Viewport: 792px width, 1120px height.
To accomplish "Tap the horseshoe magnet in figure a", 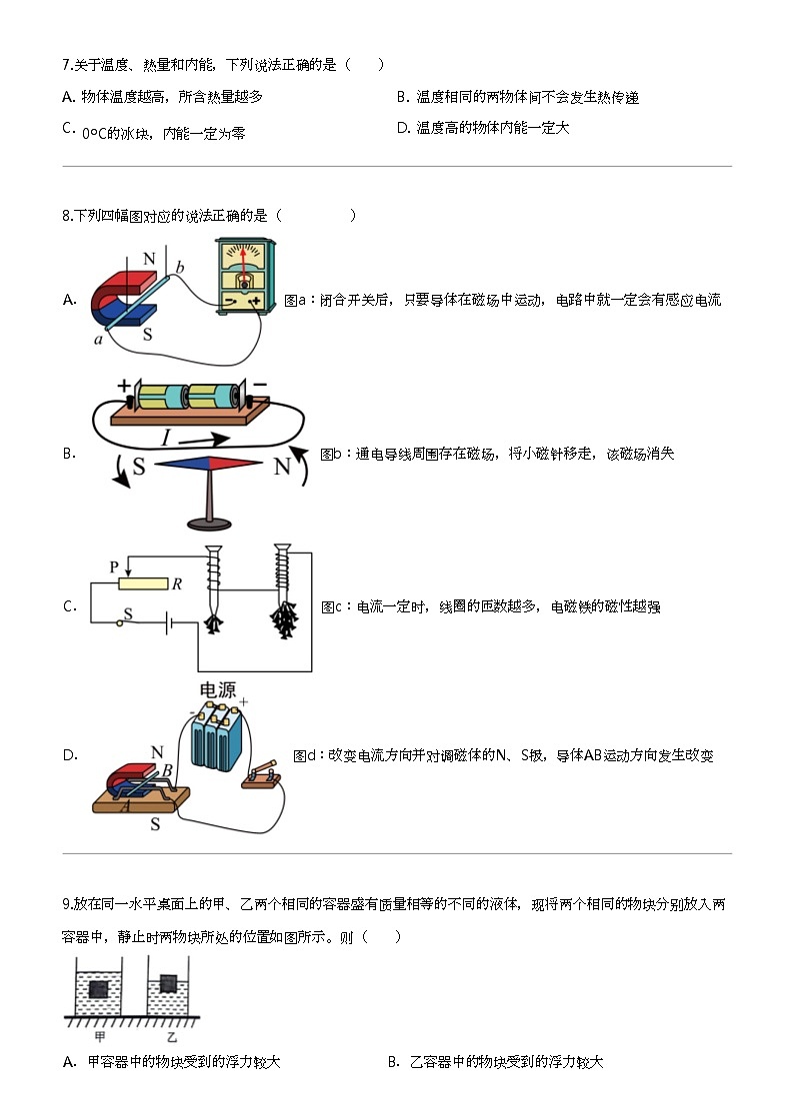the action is tap(120, 294).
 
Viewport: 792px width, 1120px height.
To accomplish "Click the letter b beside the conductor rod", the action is tap(180, 267).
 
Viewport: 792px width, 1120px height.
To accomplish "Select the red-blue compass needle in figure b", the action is tap(209, 463).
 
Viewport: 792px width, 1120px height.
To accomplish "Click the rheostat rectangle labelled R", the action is tap(142, 584).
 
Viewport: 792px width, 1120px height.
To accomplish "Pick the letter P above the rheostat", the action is tap(115, 566).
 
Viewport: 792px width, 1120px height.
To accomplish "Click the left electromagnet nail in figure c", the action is tap(214, 588).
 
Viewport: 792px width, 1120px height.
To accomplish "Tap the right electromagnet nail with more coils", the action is tap(282, 589).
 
